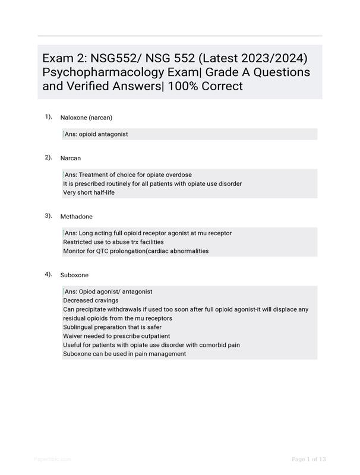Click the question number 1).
coord(48,117)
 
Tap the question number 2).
coord(48,157)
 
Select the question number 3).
coord(48,216)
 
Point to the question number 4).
coord(48,274)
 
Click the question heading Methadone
coord(76,217)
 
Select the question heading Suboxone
coord(74,275)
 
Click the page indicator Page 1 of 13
coord(309,459)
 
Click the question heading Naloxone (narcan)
coord(86,118)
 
